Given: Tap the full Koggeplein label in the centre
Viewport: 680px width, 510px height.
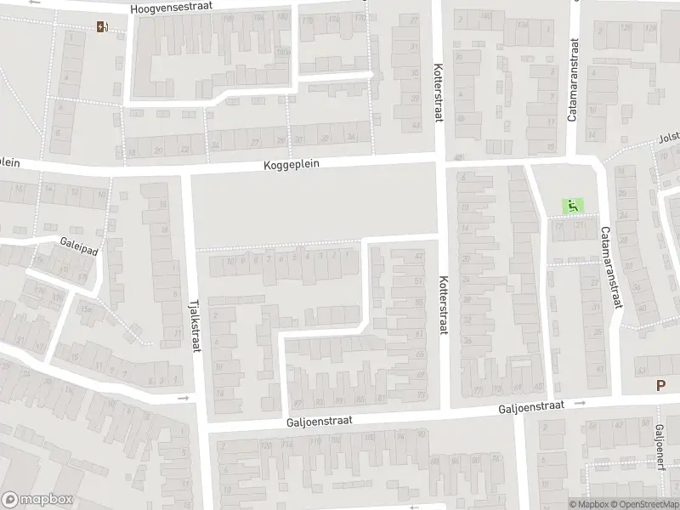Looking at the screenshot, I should pos(292,166).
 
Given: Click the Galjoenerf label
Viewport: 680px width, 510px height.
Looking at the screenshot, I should pos(660,451).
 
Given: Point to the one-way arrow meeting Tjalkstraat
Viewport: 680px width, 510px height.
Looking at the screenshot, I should pos(183,398).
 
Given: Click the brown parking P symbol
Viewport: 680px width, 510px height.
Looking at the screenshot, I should pos(660,385).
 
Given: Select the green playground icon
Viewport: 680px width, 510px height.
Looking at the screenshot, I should pos(572,205).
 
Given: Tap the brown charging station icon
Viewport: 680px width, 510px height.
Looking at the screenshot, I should pos(103,26).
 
